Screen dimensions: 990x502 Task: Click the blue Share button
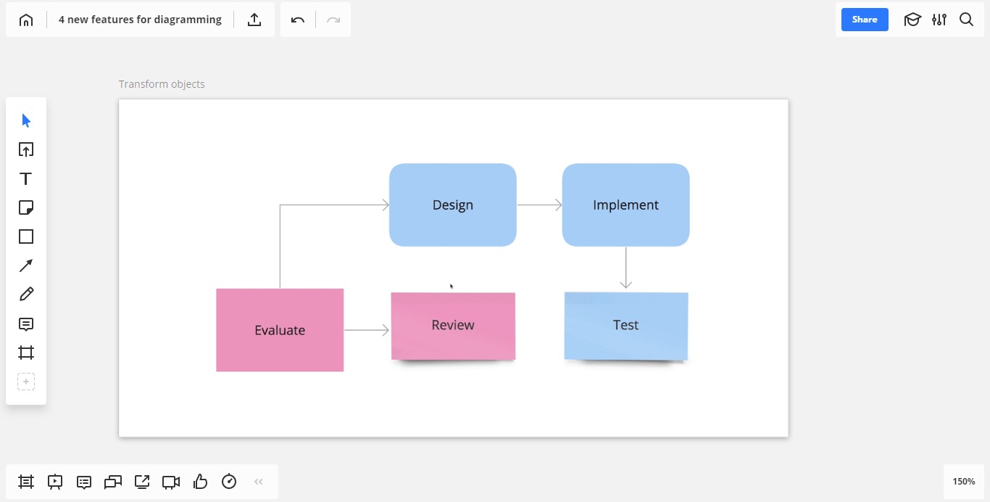[865, 20]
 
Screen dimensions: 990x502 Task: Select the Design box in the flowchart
[452, 205]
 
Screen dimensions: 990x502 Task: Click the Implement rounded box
[625, 205]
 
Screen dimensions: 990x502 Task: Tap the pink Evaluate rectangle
[280, 330]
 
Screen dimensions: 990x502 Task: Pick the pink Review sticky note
[453, 326]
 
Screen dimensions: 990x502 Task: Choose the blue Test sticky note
[626, 326]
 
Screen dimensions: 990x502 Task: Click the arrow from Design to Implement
[540, 205]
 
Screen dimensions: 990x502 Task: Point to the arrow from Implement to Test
[626, 268]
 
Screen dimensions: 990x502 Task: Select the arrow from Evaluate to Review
[367, 330]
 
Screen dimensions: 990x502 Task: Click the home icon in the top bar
[26, 20]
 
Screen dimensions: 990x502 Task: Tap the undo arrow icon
[298, 20]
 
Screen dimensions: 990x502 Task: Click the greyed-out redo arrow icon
[333, 20]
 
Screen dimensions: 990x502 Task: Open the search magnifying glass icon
[966, 20]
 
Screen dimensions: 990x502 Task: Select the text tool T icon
[25, 178]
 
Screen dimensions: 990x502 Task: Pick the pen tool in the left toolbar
[26, 294]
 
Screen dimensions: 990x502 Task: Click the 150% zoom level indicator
[963, 481]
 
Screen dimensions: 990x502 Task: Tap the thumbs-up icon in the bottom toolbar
[200, 481]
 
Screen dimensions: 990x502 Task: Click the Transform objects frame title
[162, 84]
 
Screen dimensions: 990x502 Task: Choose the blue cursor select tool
[26, 120]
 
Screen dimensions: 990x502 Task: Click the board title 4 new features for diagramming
[140, 20]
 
